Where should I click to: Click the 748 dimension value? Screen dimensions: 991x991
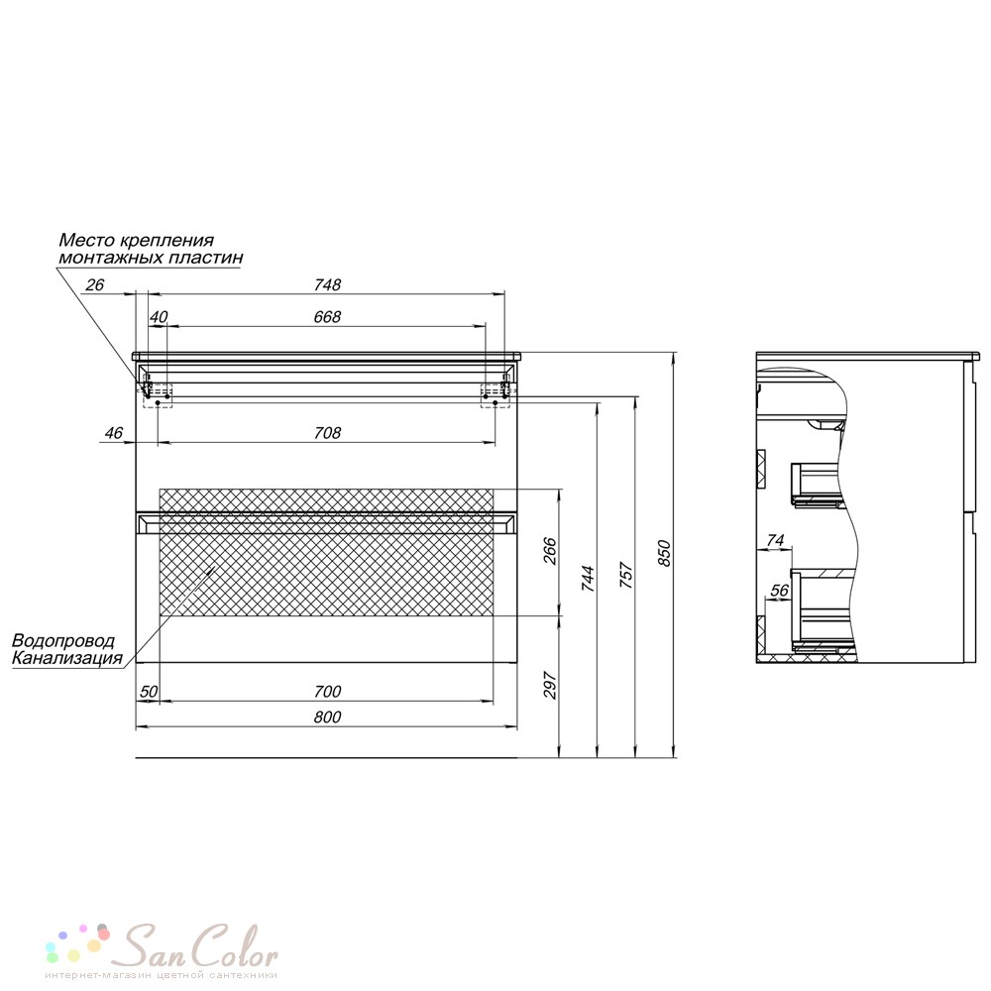coord(327,285)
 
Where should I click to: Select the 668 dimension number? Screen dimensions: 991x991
coord(327,317)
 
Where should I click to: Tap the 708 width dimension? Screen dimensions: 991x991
coord(327,433)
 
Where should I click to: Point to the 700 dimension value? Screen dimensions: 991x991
coord(327,692)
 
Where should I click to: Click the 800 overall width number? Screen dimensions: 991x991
coord(327,716)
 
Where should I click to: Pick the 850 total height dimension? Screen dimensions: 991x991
coord(664,553)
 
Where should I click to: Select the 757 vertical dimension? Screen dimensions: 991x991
coord(625,575)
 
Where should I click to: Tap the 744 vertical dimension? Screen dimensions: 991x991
coord(588,579)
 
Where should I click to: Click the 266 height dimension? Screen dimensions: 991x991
coord(550,550)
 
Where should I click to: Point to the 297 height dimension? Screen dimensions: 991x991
coord(550,685)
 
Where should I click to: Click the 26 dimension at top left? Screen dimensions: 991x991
coord(95,285)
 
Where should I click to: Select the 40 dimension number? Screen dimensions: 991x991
coord(158,317)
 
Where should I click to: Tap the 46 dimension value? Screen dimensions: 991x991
coord(114,433)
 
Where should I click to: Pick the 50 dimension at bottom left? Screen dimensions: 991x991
coord(149,692)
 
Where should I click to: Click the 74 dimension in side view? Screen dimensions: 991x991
coord(775,540)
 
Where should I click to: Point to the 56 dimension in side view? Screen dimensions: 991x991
coord(779,591)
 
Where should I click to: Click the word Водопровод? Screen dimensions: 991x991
coord(63,641)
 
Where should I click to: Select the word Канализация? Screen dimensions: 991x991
coord(67,658)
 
